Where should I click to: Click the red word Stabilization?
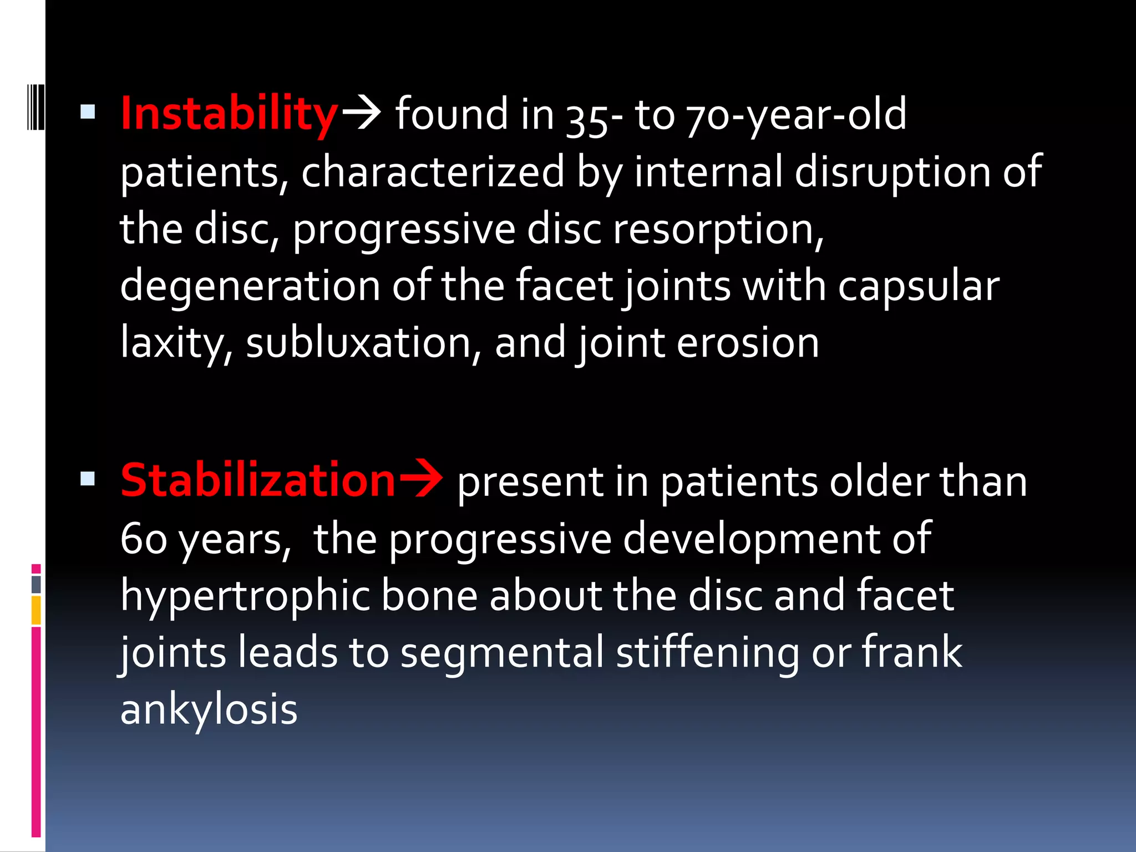coord(258,480)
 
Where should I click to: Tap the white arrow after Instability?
coord(361,113)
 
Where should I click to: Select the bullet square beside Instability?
coord(88,113)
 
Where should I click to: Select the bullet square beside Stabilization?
coord(88,478)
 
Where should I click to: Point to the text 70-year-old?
coord(796,115)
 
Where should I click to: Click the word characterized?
coord(433,172)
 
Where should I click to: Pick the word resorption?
coord(718,230)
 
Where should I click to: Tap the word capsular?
coord(918,286)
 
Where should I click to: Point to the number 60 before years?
coord(144,539)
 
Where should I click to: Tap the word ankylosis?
coord(209,710)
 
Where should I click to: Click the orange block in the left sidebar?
coord(36,610)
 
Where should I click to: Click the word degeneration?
coord(250,286)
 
